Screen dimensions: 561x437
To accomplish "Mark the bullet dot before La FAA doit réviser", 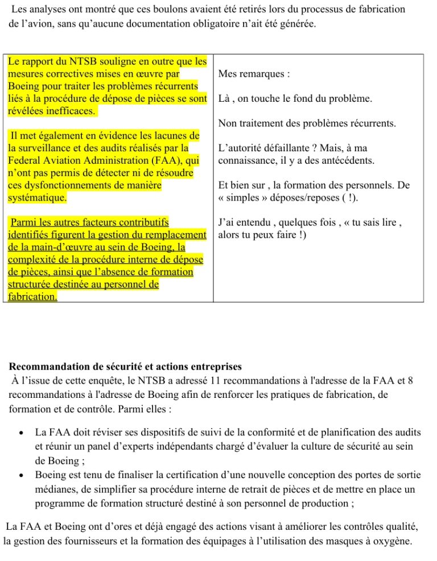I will (x=20, y=433).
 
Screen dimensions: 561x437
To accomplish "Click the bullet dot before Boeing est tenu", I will (x=20, y=475).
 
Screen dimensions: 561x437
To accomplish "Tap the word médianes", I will (x=56, y=489).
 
